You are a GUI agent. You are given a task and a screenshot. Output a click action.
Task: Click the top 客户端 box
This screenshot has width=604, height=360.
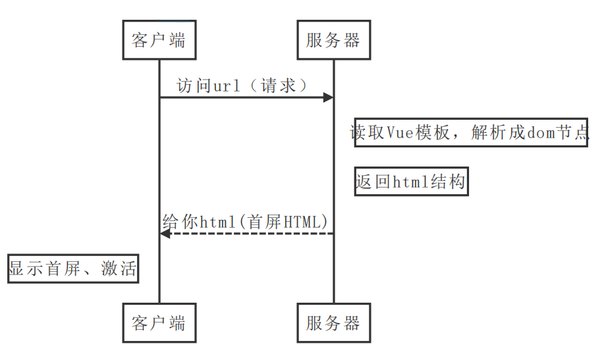click(x=159, y=40)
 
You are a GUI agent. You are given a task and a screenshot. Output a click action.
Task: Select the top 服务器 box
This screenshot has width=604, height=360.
click(x=333, y=40)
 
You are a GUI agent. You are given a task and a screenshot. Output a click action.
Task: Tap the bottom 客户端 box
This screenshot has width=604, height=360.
click(x=159, y=322)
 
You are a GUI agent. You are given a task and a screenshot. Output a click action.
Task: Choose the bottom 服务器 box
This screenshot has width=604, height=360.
click(x=333, y=322)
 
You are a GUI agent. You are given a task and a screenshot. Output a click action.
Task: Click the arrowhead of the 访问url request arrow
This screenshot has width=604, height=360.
click(x=327, y=98)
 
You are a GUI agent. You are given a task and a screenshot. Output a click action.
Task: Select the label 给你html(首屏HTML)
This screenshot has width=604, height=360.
click(x=245, y=222)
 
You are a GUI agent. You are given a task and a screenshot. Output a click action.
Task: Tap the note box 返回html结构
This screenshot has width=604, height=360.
click(x=411, y=181)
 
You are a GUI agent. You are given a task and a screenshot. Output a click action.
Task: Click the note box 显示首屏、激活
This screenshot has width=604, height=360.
click(x=73, y=269)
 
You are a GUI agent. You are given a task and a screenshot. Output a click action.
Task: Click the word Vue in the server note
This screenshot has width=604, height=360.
click(x=399, y=132)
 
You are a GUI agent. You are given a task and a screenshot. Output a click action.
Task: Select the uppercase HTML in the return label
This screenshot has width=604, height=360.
click(x=304, y=222)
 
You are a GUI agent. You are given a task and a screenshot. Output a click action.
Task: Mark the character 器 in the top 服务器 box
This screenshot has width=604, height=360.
click(x=352, y=40)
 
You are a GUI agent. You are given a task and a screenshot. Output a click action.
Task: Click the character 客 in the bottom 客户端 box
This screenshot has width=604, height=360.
click(x=140, y=322)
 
